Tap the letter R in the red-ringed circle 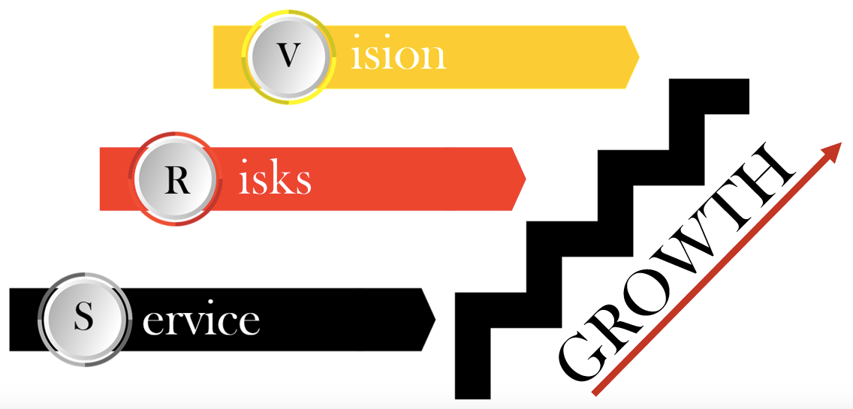(x=176, y=180)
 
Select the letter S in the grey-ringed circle (x=83, y=319)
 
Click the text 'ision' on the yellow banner (x=398, y=56)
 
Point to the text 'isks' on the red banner (x=274, y=180)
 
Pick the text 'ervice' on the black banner (x=200, y=320)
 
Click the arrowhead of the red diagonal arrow (x=831, y=149)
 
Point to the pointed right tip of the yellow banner (x=637, y=57)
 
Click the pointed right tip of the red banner (x=524, y=179)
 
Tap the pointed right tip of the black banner (x=434, y=320)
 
